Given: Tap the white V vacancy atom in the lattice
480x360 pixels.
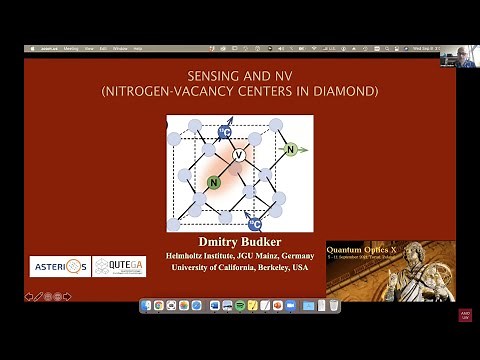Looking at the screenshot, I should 238,156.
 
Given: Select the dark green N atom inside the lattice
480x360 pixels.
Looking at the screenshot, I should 213,182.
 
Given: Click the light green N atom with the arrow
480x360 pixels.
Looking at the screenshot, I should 290,150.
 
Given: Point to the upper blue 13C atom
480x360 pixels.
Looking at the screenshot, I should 225,131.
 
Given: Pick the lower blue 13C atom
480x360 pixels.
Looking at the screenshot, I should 255,224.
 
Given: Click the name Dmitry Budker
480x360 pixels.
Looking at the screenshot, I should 239,242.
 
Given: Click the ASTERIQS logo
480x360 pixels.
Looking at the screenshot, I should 60,265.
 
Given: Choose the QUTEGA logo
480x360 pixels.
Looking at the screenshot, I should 119,265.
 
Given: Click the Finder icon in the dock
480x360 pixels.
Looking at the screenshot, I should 147,305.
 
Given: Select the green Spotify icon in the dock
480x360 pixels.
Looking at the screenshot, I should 240,305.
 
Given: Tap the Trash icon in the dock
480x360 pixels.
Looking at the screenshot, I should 334,305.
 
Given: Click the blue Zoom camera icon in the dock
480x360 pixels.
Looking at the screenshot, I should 291,305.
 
